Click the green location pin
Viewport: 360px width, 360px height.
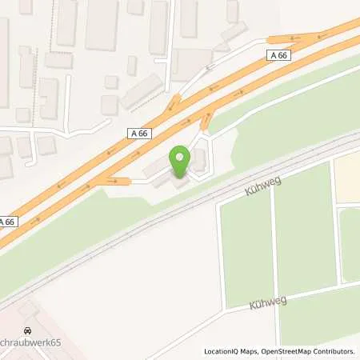click(x=181, y=162)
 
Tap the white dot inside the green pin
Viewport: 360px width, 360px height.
click(x=181, y=157)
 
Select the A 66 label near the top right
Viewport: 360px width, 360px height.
click(x=277, y=54)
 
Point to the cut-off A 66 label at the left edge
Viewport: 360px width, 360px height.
click(x=6, y=222)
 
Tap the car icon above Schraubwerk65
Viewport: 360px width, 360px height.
click(x=28, y=329)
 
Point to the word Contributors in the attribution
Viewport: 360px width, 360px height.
click(x=334, y=351)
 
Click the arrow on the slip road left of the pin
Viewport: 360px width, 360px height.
click(x=111, y=182)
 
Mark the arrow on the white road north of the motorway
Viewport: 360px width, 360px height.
click(x=212, y=67)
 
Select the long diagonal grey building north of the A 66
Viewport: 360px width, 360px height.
click(x=142, y=92)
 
